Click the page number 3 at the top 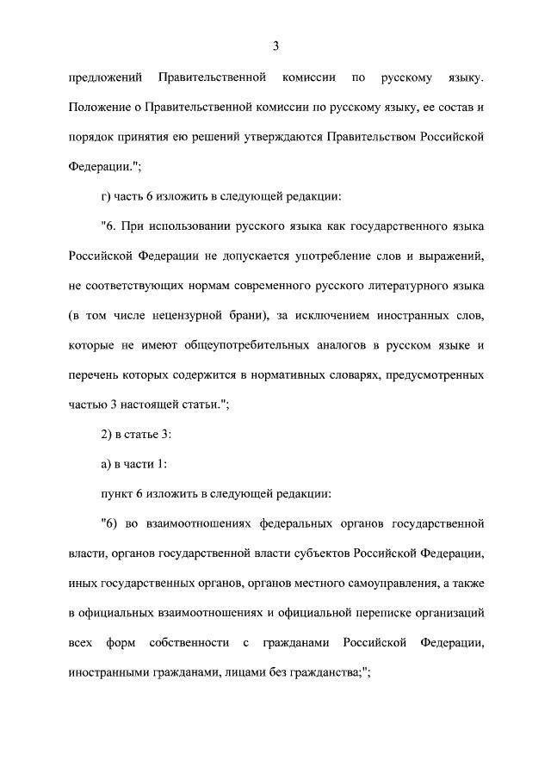coord(275,46)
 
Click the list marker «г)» coord(107,195)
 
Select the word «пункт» coord(117,493)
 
